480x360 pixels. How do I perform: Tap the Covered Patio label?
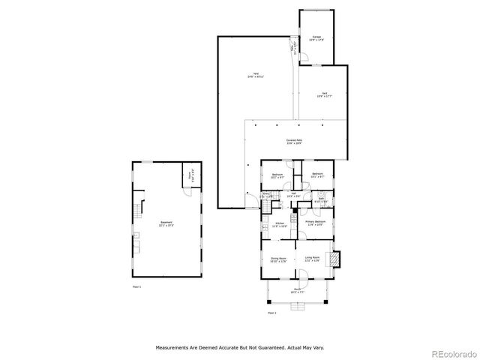click(293, 141)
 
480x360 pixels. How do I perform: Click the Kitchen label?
click(279, 224)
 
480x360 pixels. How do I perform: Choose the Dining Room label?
click(278, 259)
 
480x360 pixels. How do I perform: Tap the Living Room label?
click(313, 259)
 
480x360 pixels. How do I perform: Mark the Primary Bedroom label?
click(315, 223)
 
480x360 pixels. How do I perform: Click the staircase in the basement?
click(136, 210)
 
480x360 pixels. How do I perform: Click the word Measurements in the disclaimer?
click(175, 347)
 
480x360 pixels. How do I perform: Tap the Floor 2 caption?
click(271, 312)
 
